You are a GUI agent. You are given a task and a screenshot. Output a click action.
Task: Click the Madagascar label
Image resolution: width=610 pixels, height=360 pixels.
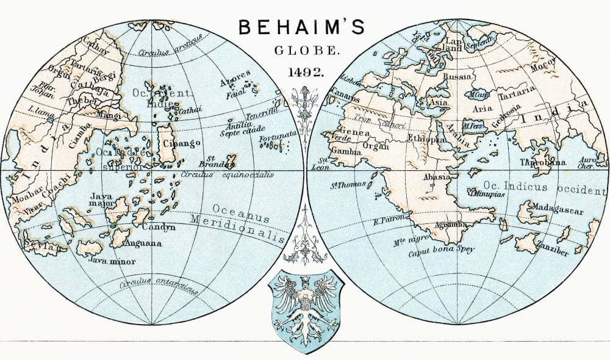[x=557, y=211]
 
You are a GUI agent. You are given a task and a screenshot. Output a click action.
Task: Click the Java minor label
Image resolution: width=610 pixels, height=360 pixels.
[x=112, y=261]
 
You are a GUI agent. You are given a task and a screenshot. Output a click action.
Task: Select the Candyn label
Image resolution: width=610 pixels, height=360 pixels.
[x=159, y=227]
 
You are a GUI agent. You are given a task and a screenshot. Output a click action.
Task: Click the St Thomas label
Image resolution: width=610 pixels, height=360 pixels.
[x=348, y=184]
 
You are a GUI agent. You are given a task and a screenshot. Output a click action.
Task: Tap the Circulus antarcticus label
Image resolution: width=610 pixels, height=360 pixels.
[x=159, y=287]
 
